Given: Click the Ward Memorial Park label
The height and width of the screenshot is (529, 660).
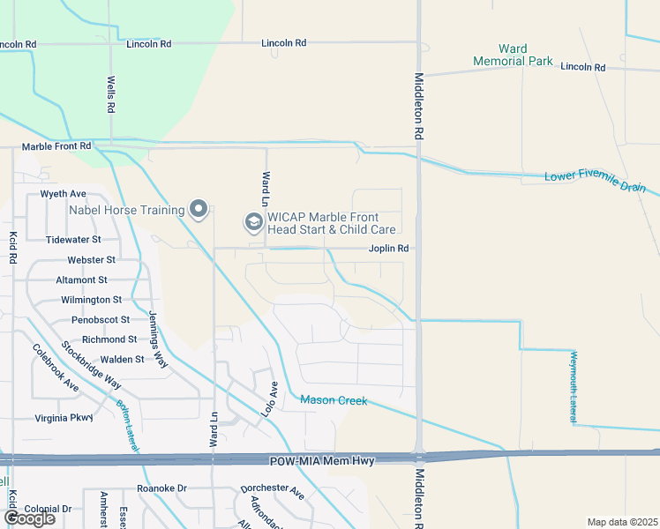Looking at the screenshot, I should (x=513, y=55).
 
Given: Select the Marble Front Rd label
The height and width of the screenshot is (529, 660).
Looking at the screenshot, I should (x=56, y=146).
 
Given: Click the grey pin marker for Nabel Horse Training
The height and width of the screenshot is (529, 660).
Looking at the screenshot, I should (x=199, y=209).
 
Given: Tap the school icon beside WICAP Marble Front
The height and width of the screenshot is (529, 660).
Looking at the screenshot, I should (x=253, y=221).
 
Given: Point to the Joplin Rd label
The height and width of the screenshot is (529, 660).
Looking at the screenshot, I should (x=388, y=249).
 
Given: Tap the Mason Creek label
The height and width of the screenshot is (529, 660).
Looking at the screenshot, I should (x=334, y=400).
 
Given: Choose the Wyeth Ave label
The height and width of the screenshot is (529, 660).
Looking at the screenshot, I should (x=64, y=193).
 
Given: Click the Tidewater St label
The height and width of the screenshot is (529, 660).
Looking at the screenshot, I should (x=74, y=239).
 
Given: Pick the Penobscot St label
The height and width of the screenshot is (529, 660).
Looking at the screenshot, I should (x=101, y=319).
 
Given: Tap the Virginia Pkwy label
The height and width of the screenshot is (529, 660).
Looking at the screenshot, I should (x=64, y=418).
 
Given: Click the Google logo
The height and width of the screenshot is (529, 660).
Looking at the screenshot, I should (x=30, y=518).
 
